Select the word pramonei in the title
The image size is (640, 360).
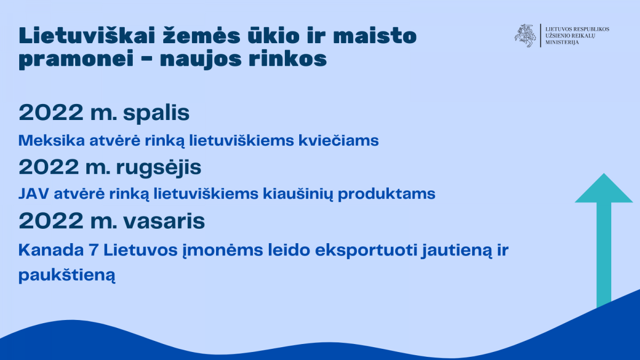[x=76, y=59]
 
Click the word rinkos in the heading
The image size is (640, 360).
[x=287, y=59]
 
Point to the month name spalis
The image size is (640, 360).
[x=156, y=114]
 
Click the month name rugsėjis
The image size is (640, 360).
[x=158, y=168]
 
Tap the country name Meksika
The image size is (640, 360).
[x=52, y=141]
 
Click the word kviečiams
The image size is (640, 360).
[x=339, y=141]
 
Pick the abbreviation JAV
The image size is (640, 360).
[x=34, y=194]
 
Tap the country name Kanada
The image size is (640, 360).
[x=51, y=250]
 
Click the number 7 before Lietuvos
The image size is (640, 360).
[x=94, y=251]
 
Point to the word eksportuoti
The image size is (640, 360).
[x=366, y=251]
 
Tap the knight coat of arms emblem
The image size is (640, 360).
[x=525, y=36]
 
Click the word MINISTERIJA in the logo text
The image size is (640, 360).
[x=562, y=43]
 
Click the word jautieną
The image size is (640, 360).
[x=457, y=251]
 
